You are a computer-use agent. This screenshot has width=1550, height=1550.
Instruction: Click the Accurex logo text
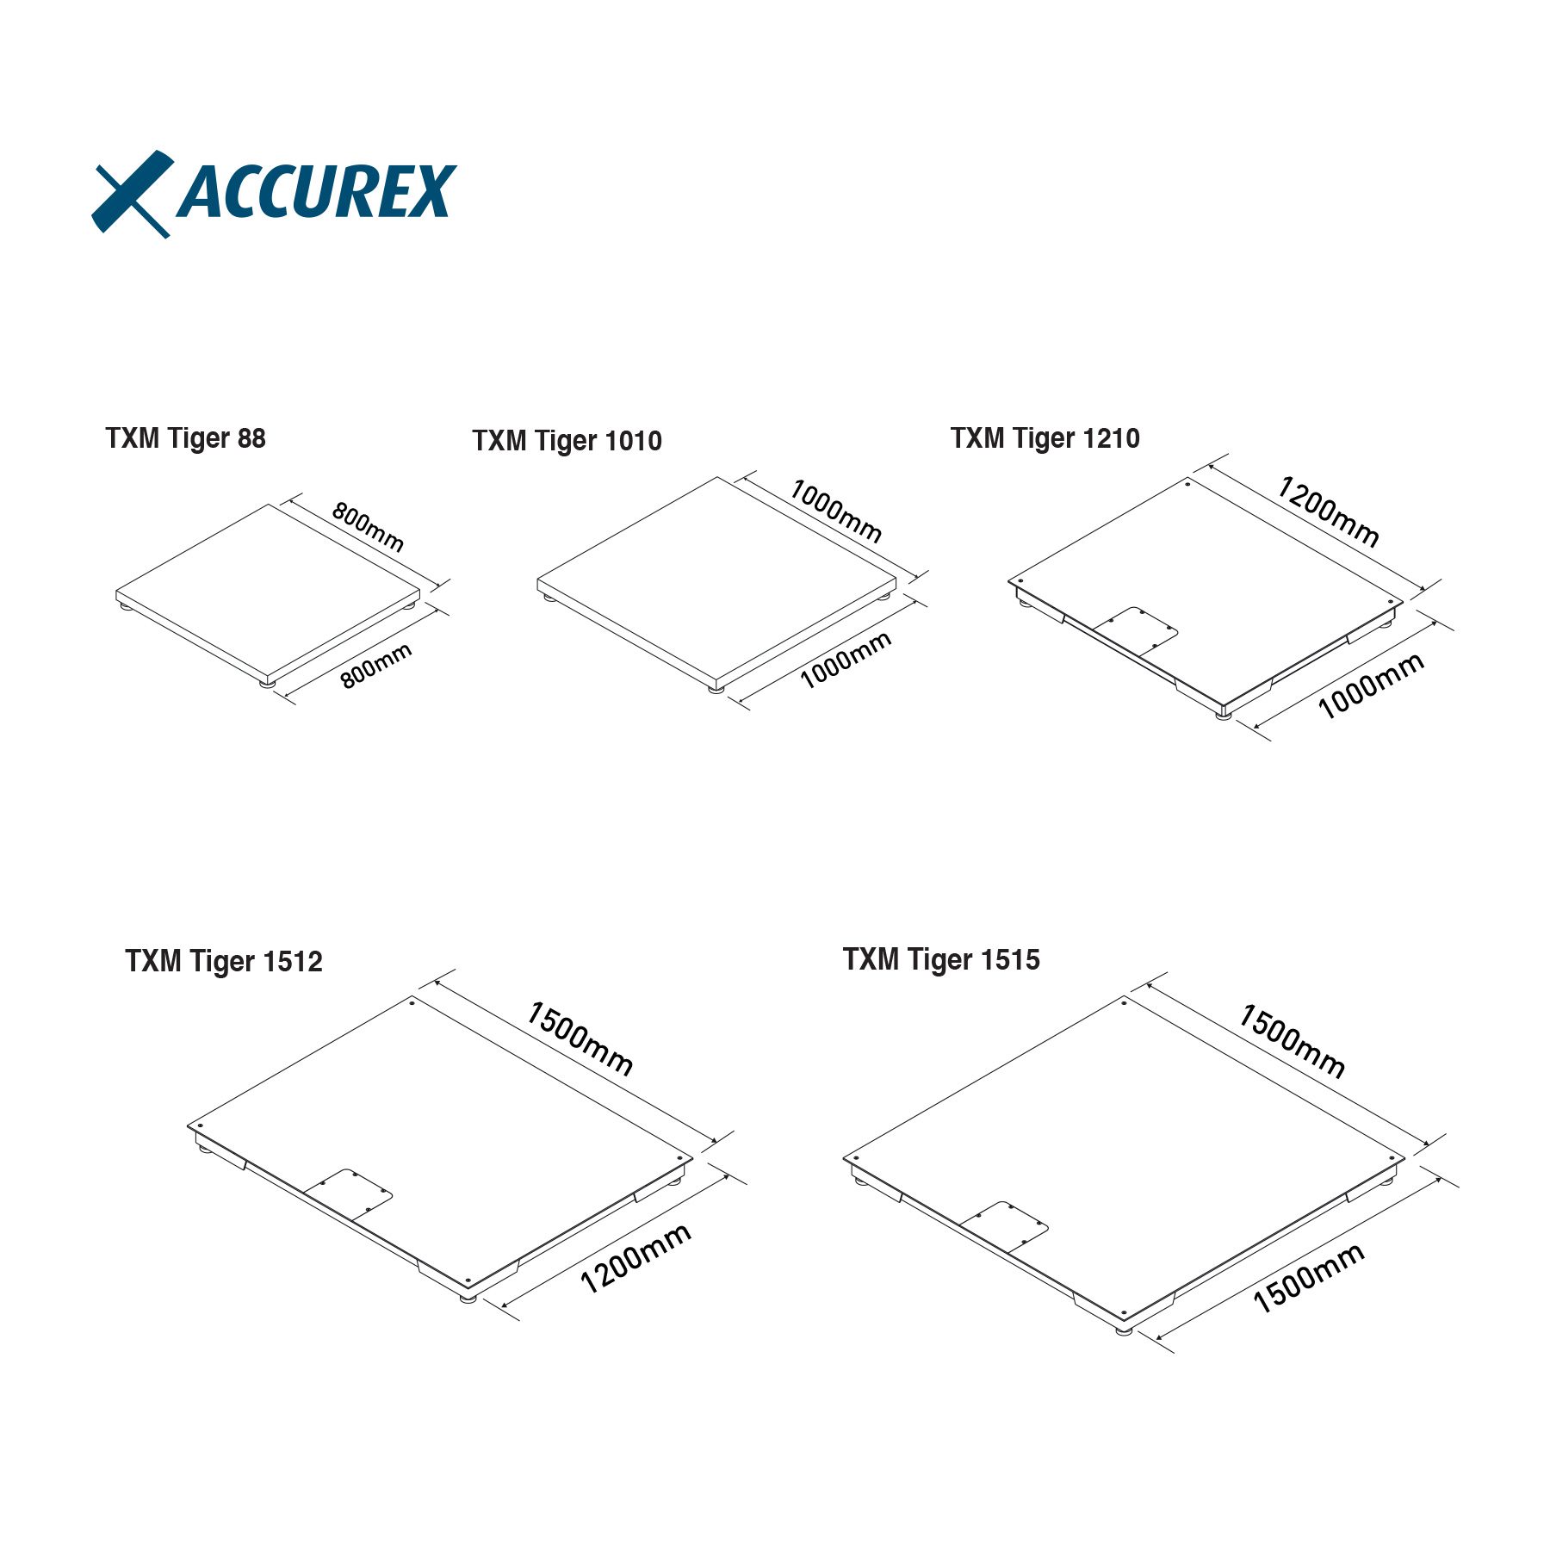(316, 191)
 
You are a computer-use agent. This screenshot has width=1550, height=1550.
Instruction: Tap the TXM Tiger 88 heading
(185, 438)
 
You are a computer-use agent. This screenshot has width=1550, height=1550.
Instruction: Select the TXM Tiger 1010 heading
(567, 441)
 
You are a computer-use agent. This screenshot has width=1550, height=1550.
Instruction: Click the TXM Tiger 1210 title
(1045, 438)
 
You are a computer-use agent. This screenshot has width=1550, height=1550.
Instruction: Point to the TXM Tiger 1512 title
(224, 961)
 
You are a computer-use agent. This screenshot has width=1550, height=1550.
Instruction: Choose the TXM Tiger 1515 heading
(941, 959)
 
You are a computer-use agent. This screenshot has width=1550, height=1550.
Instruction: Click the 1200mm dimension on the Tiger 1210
(1329, 512)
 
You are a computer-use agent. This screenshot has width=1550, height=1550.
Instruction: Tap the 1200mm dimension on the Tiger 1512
(635, 1258)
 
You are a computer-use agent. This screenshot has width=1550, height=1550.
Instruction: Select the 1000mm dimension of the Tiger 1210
(1371, 685)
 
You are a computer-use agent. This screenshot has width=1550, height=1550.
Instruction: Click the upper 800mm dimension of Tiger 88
(368, 527)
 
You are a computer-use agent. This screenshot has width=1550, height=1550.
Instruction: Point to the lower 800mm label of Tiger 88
(376, 666)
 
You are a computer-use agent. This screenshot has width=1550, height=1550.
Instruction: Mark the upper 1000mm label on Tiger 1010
(835, 512)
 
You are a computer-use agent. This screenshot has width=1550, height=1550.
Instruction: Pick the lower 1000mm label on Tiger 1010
(846, 660)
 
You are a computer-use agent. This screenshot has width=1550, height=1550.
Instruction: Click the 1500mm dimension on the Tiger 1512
(580, 1038)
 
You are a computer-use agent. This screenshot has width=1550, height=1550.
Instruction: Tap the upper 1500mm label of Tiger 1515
(1292, 1041)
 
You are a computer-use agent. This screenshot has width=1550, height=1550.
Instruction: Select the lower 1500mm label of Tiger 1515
(1308, 1278)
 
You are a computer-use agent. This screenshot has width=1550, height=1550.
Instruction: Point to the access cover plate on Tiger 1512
(348, 1194)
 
